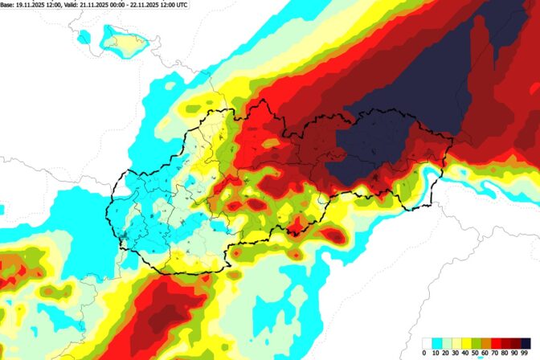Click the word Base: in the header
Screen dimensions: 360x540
click(8, 5)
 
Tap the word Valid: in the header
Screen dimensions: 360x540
click(77, 5)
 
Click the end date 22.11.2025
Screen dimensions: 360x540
click(159, 5)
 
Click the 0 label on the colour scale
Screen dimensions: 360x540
click(423, 352)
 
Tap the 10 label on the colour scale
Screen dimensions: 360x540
click(434, 352)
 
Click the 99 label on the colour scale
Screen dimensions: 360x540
click(525, 352)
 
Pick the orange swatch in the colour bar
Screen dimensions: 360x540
click(491, 342)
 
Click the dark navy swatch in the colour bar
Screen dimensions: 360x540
click(524, 342)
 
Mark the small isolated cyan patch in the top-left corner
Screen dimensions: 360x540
click(84, 36)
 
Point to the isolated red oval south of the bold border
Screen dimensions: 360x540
click(333, 235)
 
